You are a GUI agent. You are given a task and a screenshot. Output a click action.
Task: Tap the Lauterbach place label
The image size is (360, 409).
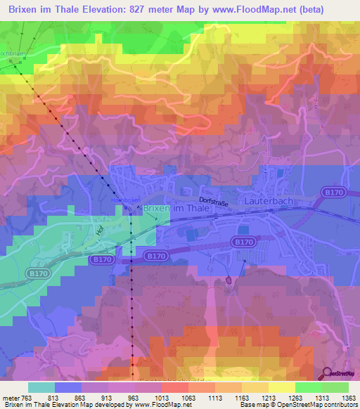(x=268, y=200)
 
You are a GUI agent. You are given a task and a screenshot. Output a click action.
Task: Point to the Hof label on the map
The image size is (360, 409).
(x=99, y=228)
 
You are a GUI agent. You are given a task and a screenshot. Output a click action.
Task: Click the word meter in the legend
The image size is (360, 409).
(x=12, y=397)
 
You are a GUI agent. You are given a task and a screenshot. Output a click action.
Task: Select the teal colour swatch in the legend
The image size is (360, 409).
(x=41, y=387)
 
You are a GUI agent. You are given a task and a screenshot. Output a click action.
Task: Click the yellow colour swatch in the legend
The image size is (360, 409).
(x=281, y=387)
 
